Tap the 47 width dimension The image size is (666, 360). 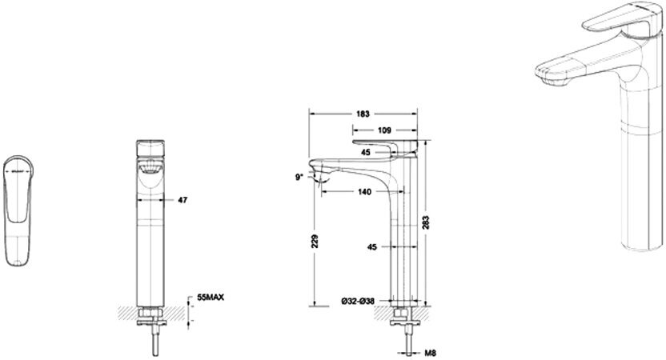coord(183,199)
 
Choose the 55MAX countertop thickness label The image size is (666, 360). coord(209,298)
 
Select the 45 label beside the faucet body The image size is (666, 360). coord(371,247)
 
